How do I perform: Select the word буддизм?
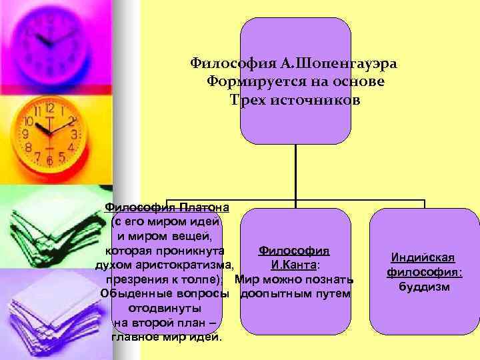[x=424, y=287]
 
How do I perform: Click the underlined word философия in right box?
[x=423, y=273]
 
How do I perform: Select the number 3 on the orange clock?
[x=75, y=134]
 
